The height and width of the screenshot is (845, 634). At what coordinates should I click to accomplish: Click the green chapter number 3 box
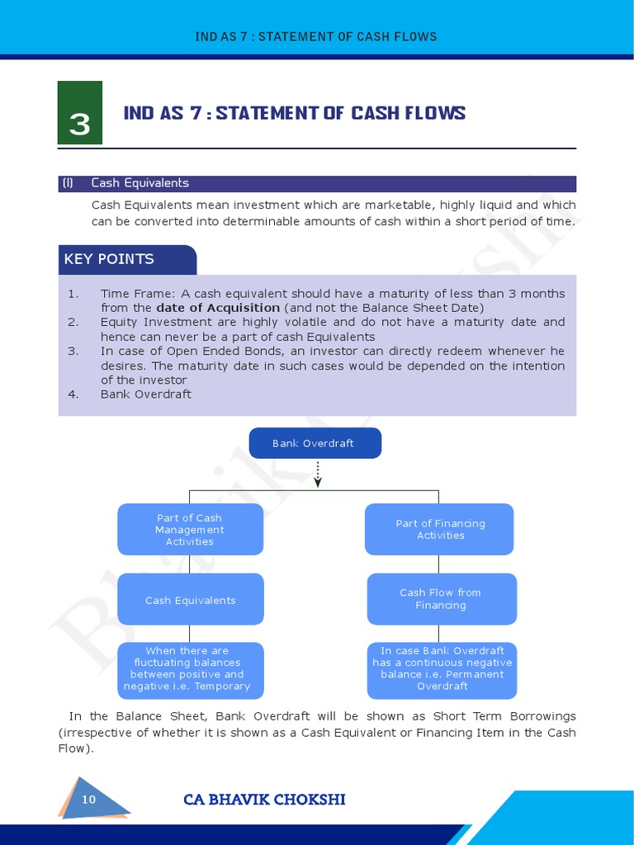tap(80, 113)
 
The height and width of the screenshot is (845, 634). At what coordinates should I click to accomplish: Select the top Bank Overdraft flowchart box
tap(315, 443)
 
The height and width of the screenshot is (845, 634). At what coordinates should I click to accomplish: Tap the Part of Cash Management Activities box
tap(190, 530)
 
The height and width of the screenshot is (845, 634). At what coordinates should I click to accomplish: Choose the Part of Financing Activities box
tap(440, 530)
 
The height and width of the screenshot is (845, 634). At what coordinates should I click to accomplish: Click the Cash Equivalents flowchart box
tap(190, 600)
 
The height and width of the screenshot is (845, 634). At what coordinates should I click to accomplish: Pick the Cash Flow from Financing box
tap(441, 599)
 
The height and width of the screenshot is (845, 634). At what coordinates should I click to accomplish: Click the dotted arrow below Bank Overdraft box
tap(318, 474)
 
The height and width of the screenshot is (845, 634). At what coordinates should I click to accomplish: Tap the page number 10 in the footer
tap(89, 800)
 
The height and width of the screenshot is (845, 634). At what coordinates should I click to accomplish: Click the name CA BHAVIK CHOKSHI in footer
tap(264, 800)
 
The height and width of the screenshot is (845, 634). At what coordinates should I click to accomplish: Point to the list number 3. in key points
tap(73, 351)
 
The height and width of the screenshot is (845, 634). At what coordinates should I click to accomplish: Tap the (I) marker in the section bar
tap(68, 183)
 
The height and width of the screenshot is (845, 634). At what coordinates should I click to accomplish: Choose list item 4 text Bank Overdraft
tap(146, 394)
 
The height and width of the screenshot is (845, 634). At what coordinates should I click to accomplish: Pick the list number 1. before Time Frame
tap(73, 294)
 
